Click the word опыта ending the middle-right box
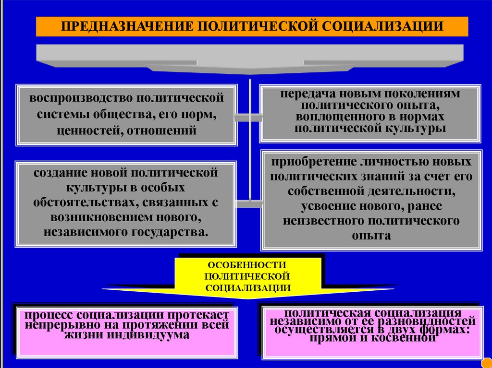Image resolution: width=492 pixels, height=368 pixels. (x=370, y=236)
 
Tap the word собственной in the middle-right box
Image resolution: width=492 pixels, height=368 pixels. (x=324, y=191)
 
